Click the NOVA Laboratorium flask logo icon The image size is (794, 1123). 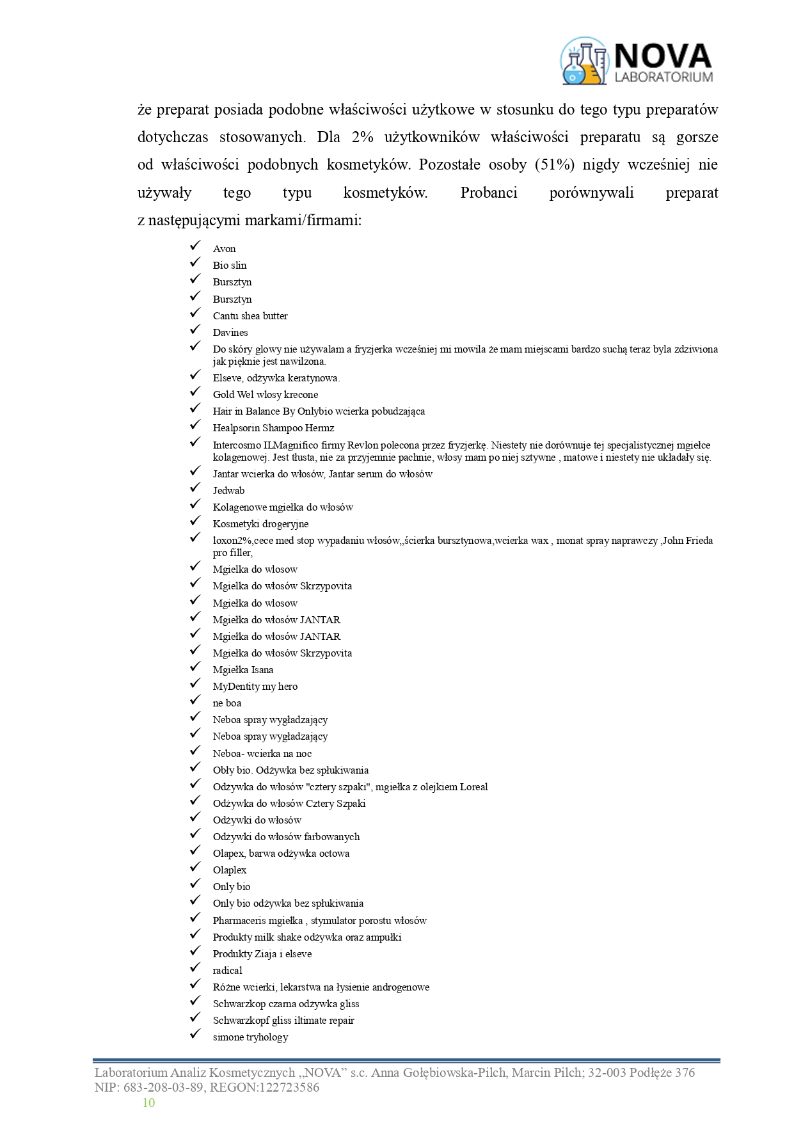point(584,61)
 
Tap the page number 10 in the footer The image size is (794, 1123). point(148,1102)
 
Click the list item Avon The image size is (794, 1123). point(224,249)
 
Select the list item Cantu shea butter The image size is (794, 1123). point(250,315)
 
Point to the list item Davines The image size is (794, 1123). point(230,332)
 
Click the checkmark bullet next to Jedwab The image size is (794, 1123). point(195,490)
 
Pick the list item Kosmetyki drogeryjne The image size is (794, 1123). point(260,523)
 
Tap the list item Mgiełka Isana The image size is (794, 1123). point(243,669)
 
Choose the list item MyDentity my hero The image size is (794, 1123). point(255,686)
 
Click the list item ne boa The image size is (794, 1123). point(227,703)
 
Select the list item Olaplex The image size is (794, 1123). point(230,870)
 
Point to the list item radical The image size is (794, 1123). point(227,970)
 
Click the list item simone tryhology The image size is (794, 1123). point(250,1037)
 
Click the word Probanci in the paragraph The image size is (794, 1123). point(489,193)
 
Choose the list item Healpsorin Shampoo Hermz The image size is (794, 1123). point(273,427)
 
